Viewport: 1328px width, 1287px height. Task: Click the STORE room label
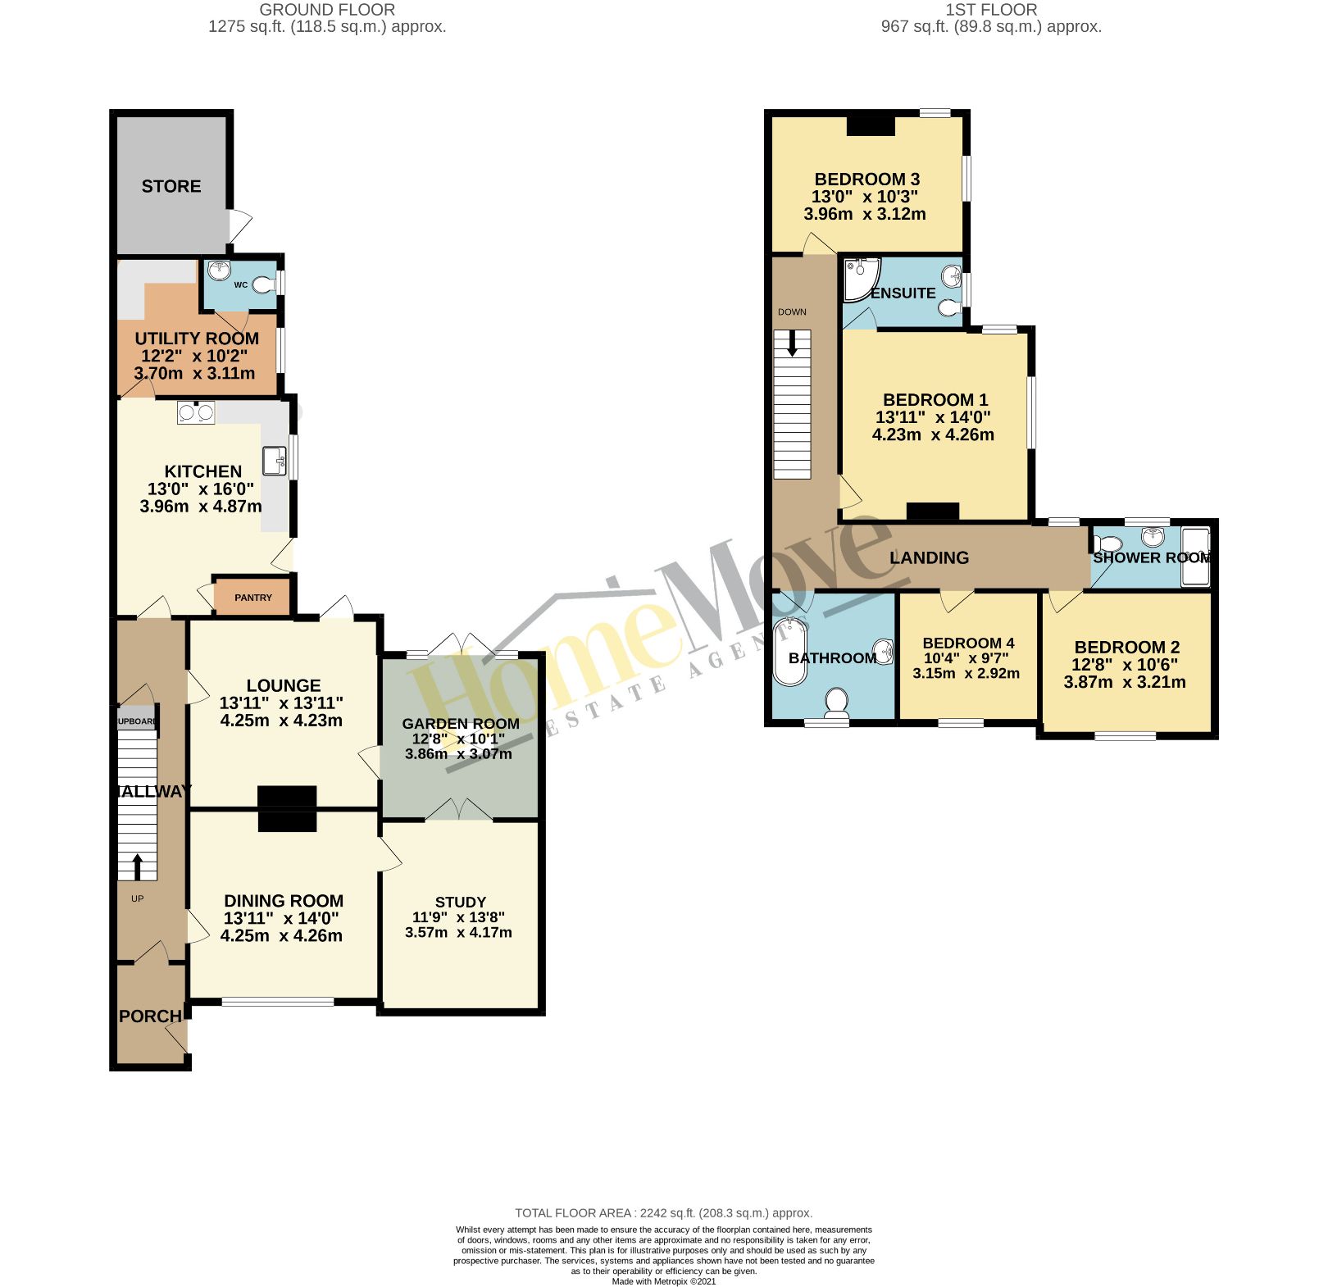pos(171,186)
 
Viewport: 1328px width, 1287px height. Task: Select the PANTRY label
pos(252,598)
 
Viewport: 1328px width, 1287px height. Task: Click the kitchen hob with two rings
pos(196,412)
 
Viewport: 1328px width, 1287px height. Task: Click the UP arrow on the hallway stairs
pos(137,866)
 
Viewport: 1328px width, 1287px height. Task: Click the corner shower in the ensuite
pos(858,276)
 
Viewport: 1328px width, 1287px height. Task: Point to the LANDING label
pos(929,557)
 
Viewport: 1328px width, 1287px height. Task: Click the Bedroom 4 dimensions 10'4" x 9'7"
pos(966,658)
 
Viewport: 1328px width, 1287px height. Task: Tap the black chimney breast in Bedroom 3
pos(871,125)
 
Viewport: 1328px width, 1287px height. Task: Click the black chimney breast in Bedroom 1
pos(933,511)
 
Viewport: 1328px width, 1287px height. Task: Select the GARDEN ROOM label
pos(460,724)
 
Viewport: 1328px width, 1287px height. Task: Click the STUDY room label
pos(460,902)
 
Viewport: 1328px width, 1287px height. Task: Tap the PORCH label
pos(150,1016)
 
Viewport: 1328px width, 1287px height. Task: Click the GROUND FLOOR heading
pos(327,10)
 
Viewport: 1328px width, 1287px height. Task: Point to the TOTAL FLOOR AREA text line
pos(663,1213)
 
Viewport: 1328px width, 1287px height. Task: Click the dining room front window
pos(277,1001)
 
